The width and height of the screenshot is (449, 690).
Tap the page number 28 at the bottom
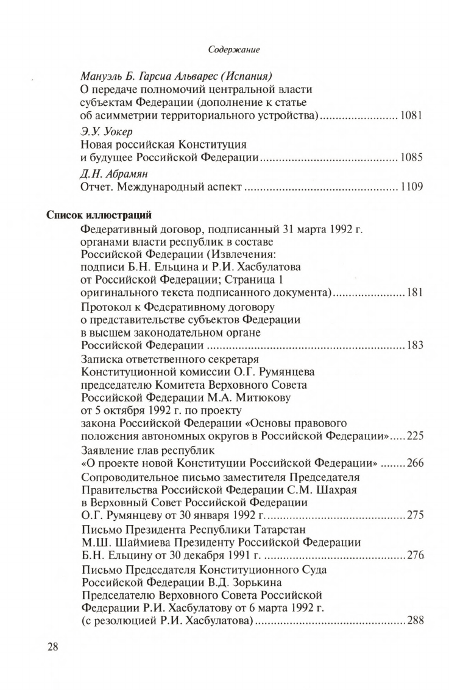(x=55, y=647)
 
